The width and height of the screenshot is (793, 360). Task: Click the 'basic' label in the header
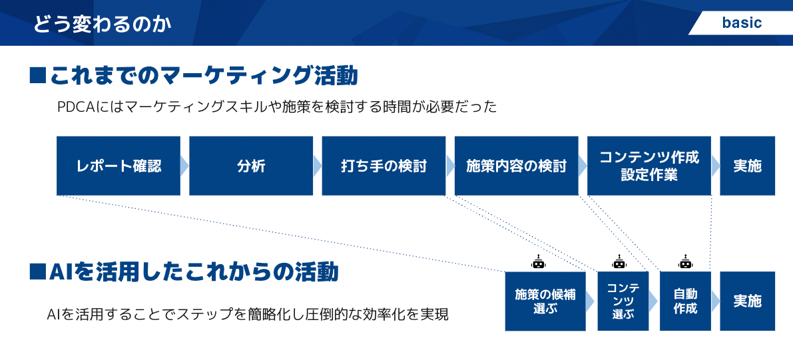coord(742,23)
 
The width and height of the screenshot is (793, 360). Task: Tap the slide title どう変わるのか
coord(103,25)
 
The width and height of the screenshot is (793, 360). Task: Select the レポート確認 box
coord(119,166)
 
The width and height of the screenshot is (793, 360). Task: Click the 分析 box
coord(251,166)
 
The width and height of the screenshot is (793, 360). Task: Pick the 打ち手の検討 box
coord(384,166)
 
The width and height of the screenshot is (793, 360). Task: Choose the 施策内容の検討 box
coord(516,166)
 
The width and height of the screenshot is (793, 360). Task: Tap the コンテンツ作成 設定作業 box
coord(649,166)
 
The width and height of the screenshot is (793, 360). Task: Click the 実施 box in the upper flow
coord(747,166)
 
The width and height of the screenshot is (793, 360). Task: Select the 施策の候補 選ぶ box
coord(545,301)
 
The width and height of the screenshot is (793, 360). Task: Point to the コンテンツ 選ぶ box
coord(623,301)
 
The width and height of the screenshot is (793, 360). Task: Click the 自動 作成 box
coord(685,301)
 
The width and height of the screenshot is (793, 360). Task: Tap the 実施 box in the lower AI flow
coord(747,301)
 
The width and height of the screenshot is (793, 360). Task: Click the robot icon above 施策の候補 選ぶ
coord(538,262)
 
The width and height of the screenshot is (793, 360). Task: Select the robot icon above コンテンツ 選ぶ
coord(619,262)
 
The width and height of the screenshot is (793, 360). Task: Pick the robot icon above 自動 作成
coord(685,262)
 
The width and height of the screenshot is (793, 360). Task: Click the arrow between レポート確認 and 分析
coord(184,166)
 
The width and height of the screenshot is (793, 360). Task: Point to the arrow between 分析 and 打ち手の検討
coord(317,166)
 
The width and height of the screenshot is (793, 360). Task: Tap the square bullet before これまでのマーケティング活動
coord(37,75)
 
